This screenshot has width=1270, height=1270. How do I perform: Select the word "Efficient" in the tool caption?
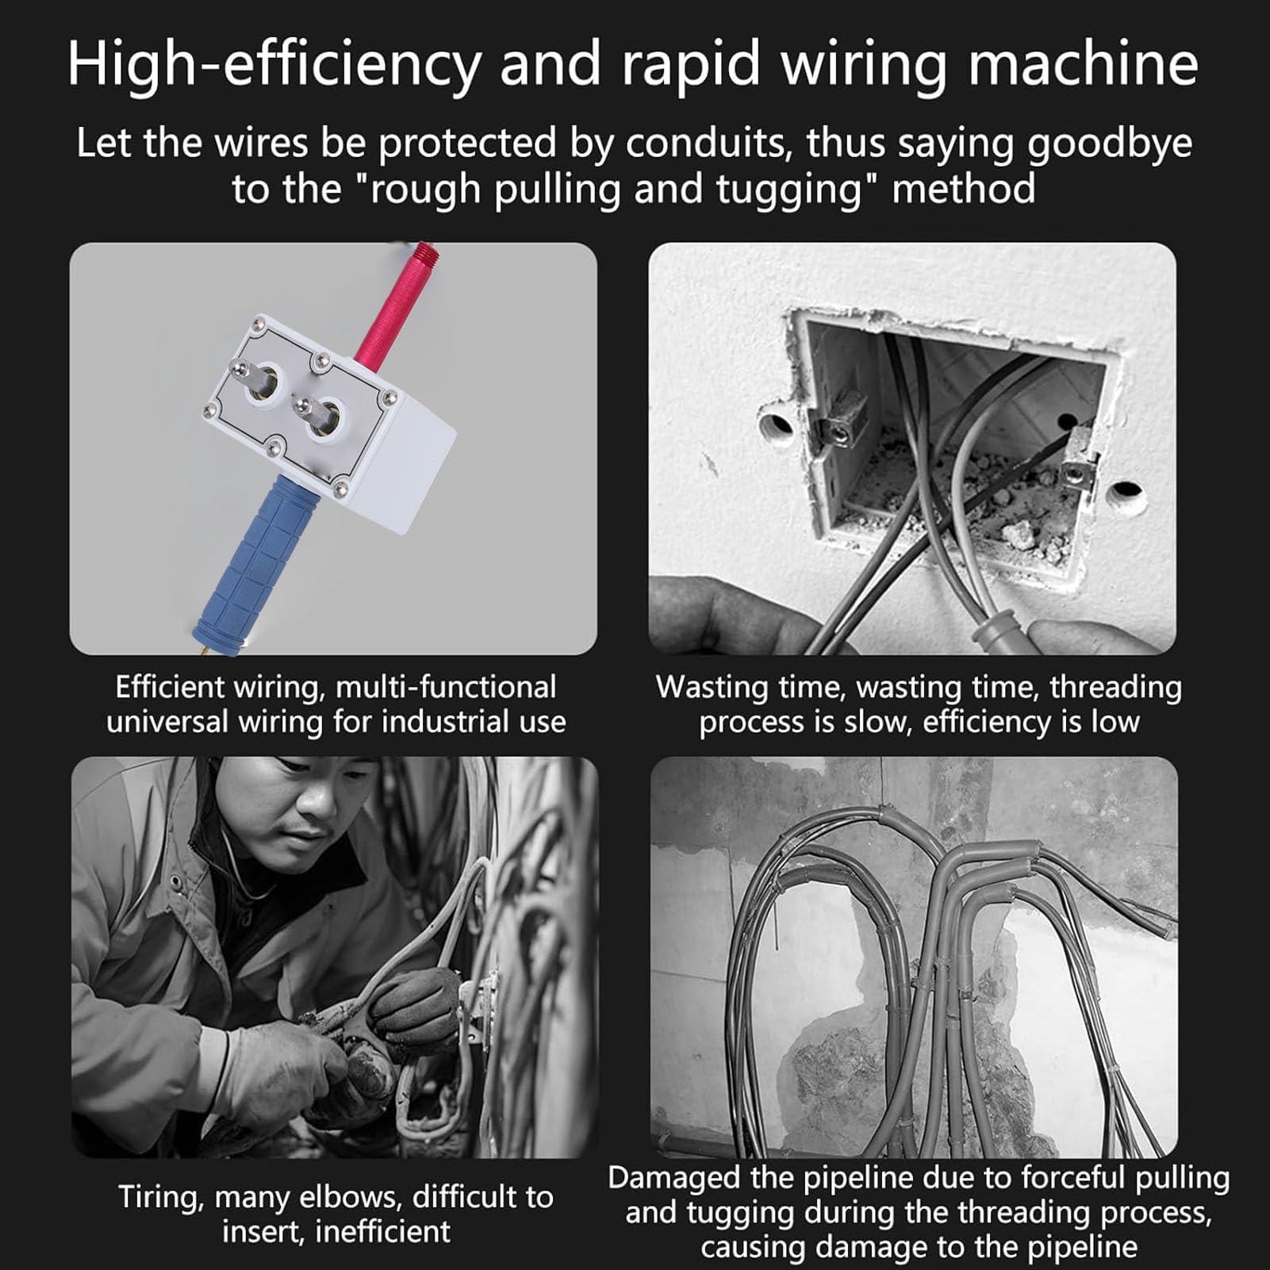pos(168,687)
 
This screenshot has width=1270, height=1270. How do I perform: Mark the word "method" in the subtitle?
pos(963,190)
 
